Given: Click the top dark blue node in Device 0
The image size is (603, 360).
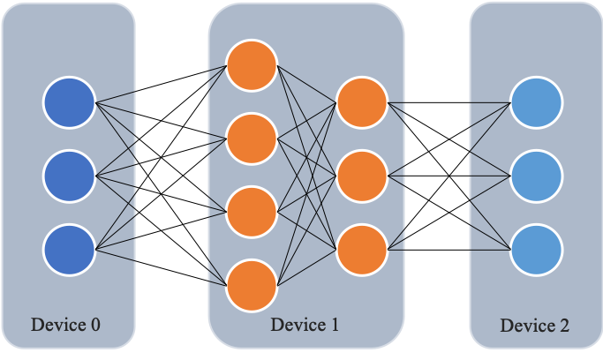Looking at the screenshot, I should tap(69, 102).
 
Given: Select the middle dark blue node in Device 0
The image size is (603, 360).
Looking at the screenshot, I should tap(69, 176).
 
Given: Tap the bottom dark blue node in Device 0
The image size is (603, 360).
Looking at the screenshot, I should tap(69, 248).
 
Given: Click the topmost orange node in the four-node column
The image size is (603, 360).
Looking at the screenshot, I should tap(252, 64).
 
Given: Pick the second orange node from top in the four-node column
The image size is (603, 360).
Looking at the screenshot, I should tap(252, 139).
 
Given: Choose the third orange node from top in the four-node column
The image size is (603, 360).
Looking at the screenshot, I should tap(252, 212).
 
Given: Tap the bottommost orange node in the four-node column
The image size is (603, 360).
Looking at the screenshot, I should tap(252, 285).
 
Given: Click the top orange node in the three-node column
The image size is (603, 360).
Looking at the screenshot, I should tap(362, 102).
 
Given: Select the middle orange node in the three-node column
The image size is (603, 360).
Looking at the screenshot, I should tap(362, 176).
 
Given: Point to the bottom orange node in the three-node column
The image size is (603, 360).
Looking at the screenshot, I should tap(362, 249).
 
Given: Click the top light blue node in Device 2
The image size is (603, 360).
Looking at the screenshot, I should tap(536, 102).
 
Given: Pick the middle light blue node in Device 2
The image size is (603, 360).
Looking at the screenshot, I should tap(536, 176).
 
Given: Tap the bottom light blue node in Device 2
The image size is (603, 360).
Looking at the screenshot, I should tap(536, 249).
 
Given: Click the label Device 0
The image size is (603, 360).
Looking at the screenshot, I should tap(65, 324).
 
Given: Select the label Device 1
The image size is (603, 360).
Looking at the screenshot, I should tap(305, 324).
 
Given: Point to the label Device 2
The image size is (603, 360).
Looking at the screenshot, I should tap(535, 326).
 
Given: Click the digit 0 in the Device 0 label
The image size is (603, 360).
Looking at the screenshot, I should tap(95, 324).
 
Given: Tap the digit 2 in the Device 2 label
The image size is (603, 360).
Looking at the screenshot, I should tap(564, 326).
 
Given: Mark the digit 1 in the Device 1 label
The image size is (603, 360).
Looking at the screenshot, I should tap(334, 324).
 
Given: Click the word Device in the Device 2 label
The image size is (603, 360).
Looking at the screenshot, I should tap(525, 326).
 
